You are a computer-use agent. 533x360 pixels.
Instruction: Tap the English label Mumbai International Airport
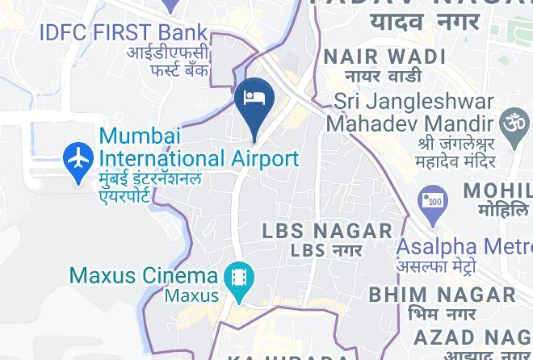coord(198,147)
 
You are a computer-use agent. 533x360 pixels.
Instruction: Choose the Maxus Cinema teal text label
coord(144,275)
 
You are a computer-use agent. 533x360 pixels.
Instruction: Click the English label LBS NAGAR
coord(327,231)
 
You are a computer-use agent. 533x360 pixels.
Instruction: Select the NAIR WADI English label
coord(384,57)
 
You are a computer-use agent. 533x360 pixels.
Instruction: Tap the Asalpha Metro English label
coord(464,246)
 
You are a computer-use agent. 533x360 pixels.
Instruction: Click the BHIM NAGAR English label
coord(441,294)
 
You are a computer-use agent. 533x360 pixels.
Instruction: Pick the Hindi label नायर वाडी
coord(384,77)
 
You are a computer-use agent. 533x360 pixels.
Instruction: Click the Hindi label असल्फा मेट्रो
coord(435,266)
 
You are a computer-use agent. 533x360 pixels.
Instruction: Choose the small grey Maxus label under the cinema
coord(192,295)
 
